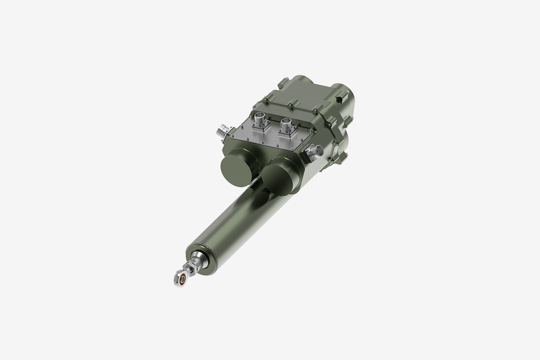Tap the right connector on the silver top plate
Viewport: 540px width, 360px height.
pos(286,123)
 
